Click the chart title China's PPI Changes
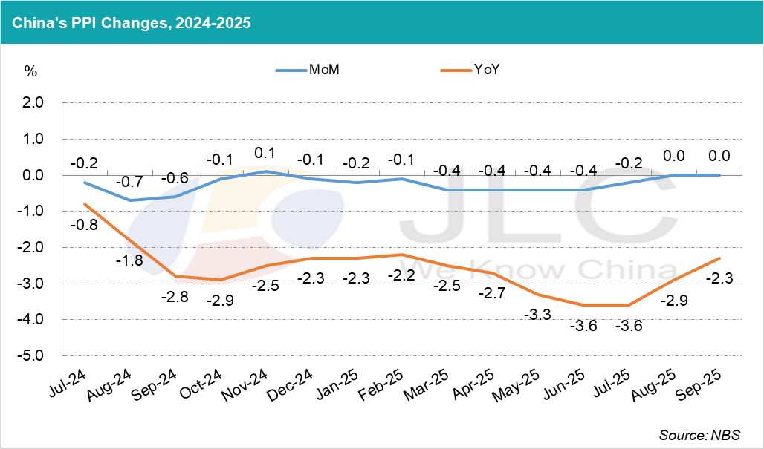coord(131,22)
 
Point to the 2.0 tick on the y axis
coord(34,102)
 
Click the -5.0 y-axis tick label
coord(33,356)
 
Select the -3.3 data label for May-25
coord(536,315)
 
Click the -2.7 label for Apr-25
coord(491,293)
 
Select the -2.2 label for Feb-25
coord(401,275)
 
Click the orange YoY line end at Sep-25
coord(719,258)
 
